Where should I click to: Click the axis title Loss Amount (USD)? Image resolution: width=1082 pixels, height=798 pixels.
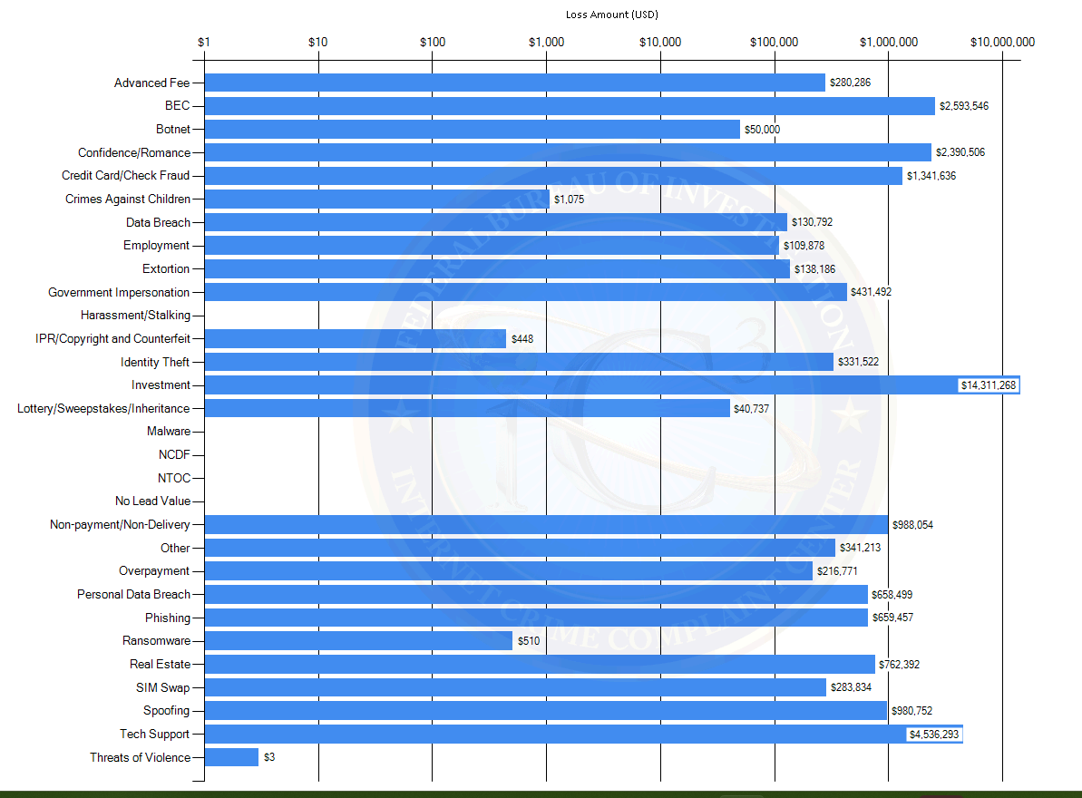click(611, 15)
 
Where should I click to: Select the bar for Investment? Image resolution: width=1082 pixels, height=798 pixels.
click(580, 385)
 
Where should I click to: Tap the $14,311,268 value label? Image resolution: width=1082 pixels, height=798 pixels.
click(989, 385)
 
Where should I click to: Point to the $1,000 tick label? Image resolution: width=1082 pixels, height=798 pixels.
click(546, 42)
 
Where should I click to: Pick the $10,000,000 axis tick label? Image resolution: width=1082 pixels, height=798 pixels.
click(1002, 42)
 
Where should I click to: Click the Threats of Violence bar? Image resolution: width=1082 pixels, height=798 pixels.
click(231, 757)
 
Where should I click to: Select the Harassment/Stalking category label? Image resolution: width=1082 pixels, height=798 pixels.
click(135, 316)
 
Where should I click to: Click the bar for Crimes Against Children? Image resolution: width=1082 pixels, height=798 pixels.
click(376, 199)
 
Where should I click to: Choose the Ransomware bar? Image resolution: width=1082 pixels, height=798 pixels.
click(358, 641)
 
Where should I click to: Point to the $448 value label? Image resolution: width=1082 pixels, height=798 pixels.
click(522, 339)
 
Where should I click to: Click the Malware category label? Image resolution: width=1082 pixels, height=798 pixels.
click(169, 432)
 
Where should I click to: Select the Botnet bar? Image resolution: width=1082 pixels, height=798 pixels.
click(472, 129)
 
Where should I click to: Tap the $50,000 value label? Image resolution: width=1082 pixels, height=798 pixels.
click(762, 130)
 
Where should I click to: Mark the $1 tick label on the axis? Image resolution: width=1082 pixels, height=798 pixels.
click(204, 42)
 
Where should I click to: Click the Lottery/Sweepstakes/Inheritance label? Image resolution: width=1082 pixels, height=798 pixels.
click(103, 409)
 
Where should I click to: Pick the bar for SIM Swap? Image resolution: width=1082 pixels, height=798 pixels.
click(515, 687)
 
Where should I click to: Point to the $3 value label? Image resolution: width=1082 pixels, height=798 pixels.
click(269, 757)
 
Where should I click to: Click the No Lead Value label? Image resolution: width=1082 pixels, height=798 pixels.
click(152, 501)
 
